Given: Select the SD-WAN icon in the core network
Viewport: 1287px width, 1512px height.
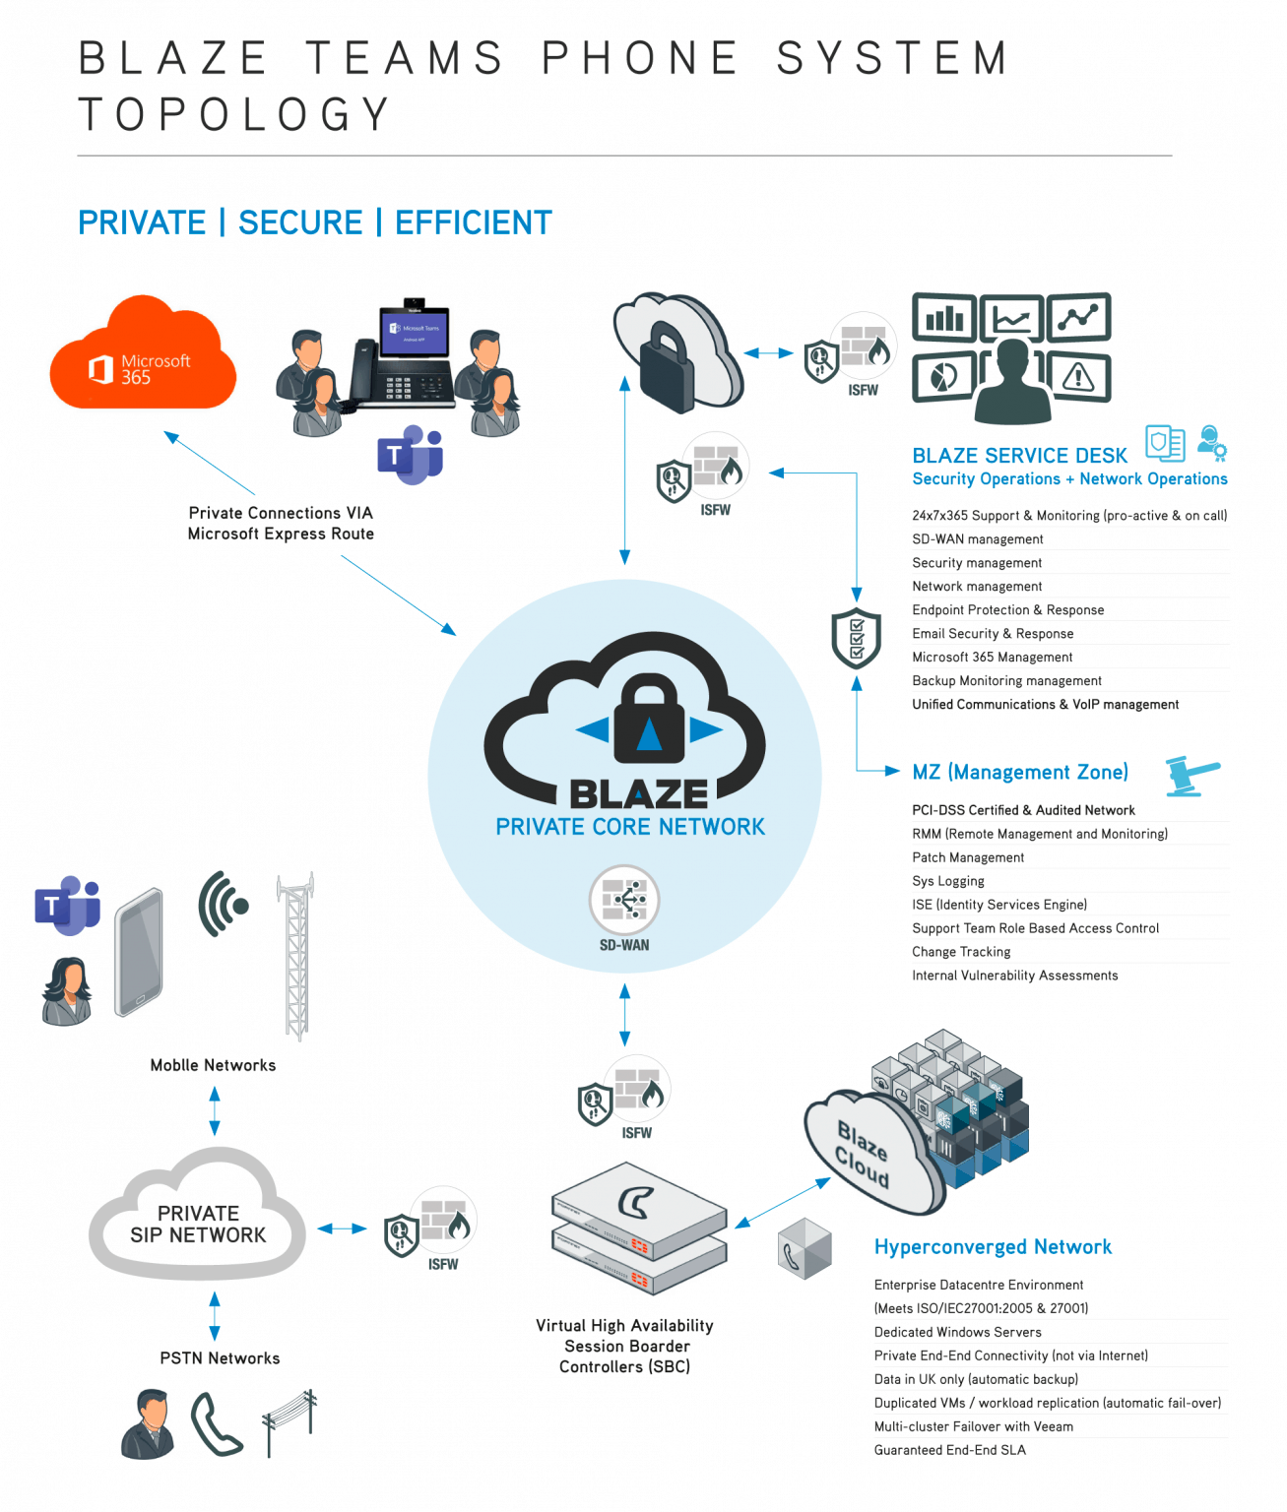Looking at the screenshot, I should [x=624, y=901].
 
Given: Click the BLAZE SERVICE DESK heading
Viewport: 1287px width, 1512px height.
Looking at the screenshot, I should [x=1019, y=456].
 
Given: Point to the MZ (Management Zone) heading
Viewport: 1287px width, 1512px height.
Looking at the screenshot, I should [x=1020, y=772].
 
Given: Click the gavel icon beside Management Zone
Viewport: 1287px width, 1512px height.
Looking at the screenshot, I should [x=1191, y=776].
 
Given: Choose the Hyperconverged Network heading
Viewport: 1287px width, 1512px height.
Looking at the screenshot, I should [x=993, y=1247].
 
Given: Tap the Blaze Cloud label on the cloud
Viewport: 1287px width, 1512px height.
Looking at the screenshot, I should [x=864, y=1154].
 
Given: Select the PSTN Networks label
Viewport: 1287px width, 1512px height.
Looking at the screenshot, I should [x=220, y=1358].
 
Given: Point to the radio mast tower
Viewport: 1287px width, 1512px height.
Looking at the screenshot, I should [x=296, y=956].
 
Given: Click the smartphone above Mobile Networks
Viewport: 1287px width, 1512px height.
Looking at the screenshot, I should [x=139, y=952].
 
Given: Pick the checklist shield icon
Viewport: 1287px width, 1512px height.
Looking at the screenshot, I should [x=856, y=639].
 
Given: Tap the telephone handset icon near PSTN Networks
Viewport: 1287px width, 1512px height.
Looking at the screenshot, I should [x=216, y=1424].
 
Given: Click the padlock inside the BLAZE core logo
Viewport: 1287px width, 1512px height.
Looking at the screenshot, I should [x=649, y=720].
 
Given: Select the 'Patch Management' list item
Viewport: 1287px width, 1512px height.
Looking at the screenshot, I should [x=968, y=857].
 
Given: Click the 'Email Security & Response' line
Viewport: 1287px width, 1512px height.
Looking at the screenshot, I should [x=993, y=634].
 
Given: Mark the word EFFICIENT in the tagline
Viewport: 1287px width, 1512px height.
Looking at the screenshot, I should [x=473, y=223].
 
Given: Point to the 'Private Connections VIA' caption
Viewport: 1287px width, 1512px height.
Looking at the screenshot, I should [x=281, y=513].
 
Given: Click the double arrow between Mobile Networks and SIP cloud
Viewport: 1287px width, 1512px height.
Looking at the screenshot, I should [x=215, y=1110].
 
